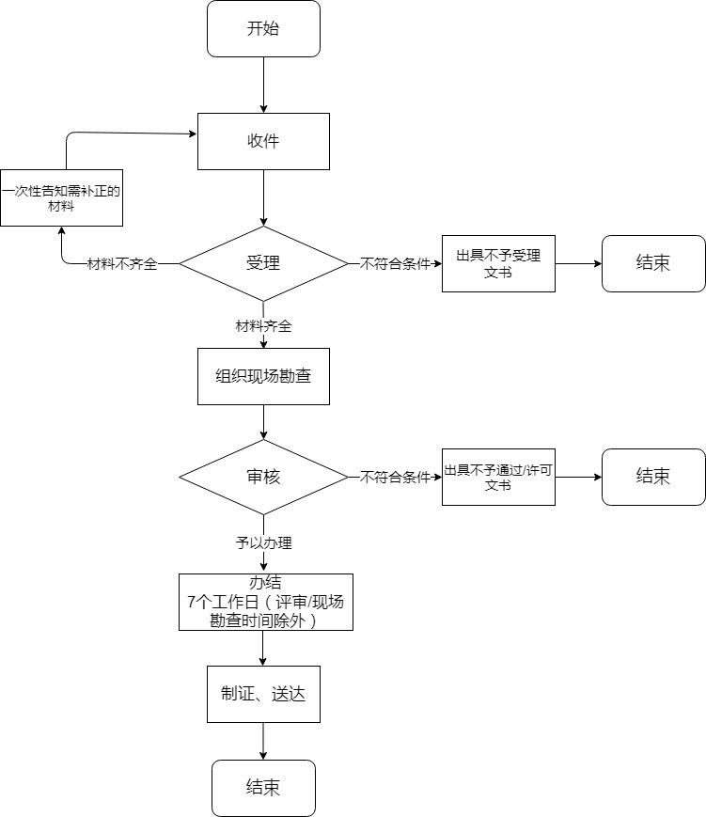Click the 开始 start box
[263, 28]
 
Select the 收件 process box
[263, 141]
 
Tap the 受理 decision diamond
[263, 263]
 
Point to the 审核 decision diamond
[263, 478]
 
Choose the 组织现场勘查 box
[263, 376]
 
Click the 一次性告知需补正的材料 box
[61, 197]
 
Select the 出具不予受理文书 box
[498, 263]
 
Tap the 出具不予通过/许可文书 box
[498, 478]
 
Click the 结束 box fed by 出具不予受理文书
[653, 263]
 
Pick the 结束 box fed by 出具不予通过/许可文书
[653, 478]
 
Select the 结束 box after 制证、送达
[263, 788]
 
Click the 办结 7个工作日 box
[265, 602]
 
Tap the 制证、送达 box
[263, 694]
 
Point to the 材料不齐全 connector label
[122, 264]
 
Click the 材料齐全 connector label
[263, 326]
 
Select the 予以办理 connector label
[263, 542]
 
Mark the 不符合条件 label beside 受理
[395, 264]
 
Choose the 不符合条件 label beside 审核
[395, 478]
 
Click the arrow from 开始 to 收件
[263, 85]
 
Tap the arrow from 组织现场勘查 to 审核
[263, 422]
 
